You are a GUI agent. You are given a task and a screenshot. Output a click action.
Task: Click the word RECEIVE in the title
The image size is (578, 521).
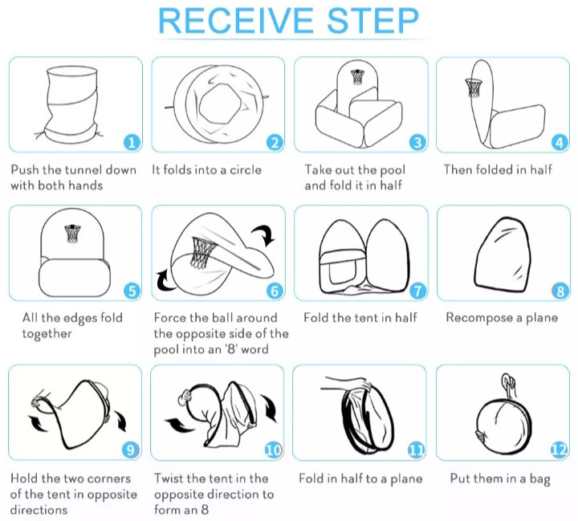(235, 21)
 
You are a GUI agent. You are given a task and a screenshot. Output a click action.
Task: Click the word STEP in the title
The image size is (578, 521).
(372, 21)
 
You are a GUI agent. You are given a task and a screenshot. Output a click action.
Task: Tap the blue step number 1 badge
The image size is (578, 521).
(132, 142)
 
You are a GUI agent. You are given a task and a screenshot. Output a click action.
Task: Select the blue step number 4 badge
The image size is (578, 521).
(560, 142)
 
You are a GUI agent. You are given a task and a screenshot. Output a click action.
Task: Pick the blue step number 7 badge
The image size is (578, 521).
(417, 291)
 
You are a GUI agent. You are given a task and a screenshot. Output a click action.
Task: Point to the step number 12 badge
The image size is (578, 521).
(559, 450)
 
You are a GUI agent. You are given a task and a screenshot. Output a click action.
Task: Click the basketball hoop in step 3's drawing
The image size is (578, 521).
(356, 77)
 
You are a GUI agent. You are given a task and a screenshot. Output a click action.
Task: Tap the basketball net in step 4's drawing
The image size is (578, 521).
(474, 88)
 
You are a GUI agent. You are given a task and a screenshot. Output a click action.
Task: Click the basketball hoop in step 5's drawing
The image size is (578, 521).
(72, 233)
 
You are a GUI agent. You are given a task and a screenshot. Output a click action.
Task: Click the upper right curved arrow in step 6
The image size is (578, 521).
(265, 235)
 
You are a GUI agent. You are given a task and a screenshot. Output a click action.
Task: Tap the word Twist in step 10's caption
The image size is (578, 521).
(168, 478)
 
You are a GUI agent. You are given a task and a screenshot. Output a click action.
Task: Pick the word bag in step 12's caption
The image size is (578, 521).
(540, 479)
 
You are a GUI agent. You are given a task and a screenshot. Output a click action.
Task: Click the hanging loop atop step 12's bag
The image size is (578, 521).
(509, 385)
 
